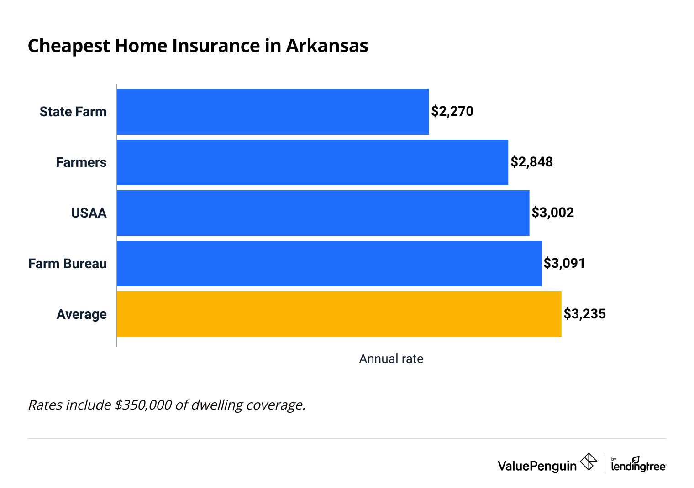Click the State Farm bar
click(x=273, y=112)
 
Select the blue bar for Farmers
click(x=312, y=162)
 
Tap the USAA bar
click(x=323, y=213)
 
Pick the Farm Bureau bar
click(x=329, y=264)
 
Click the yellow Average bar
click(x=339, y=314)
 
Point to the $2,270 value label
click(x=452, y=111)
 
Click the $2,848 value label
click(x=531, y=162)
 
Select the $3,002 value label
click(x=552, y=213)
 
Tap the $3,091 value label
click(x=564, y=263)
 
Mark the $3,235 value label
click(x=584, y=314)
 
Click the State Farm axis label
click(x=73, y=112)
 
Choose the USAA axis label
click(x=89, y=213)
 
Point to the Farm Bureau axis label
click(x=68, y=264)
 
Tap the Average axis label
click(x=81, y=314)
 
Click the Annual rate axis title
click(x=391, y=359)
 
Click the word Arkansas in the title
click(x=327, y=46)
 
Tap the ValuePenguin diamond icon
click(x=589, y=462)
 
